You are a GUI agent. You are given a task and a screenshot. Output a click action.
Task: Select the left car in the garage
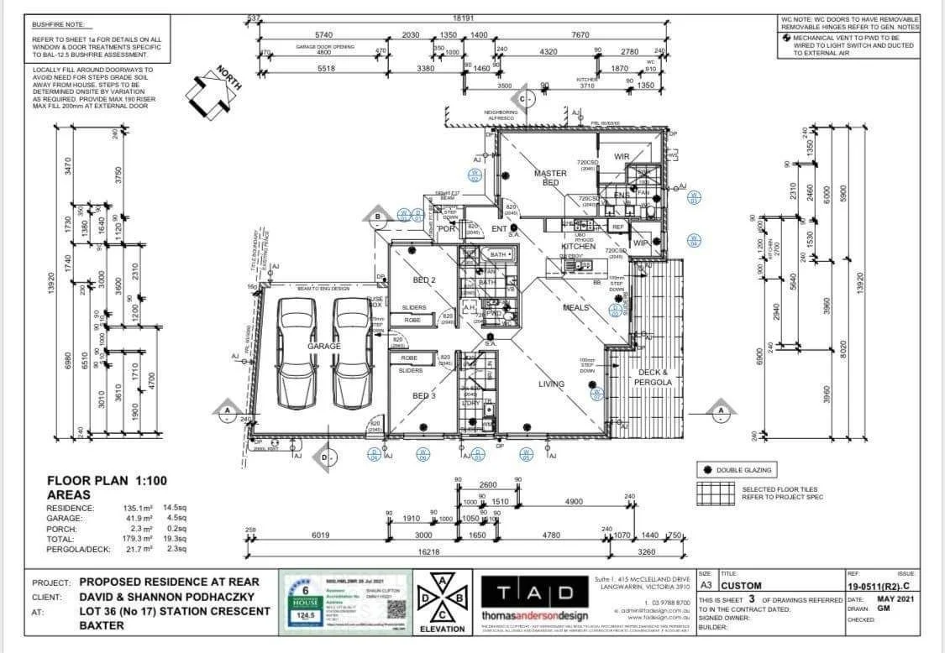pyautogui.click(x=296, y=353)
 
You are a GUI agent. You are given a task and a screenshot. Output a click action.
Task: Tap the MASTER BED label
pyautogui.click(x=550, y=178)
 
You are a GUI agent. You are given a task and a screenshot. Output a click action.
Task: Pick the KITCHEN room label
pyautogui.click(x=578, y=247)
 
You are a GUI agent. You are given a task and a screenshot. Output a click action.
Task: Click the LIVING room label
pyautogui.click(x=551, y=384)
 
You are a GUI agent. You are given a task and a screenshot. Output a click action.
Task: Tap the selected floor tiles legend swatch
pyautogui.click(x=713, y=494)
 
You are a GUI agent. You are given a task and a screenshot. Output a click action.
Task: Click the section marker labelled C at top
pyautogui.click(x=522, y=99)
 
